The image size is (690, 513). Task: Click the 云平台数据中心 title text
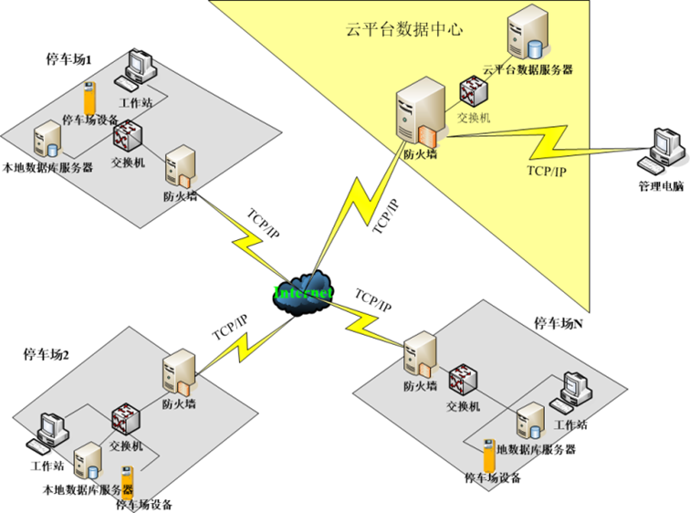point(404,29)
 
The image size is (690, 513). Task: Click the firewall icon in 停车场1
point(179,166)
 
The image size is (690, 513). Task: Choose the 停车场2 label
point(47,354)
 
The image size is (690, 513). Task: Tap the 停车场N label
point(559,323)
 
